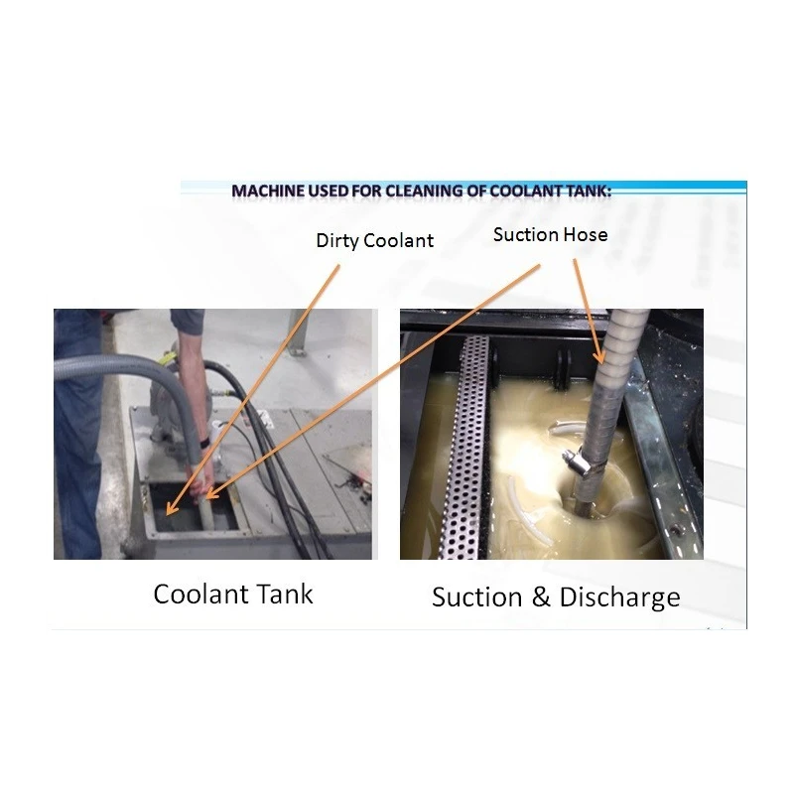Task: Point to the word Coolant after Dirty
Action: coord(400,241)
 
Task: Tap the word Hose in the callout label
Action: coord(589,235)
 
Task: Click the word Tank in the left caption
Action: coord(287,594)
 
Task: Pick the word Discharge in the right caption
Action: coord(620,596)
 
